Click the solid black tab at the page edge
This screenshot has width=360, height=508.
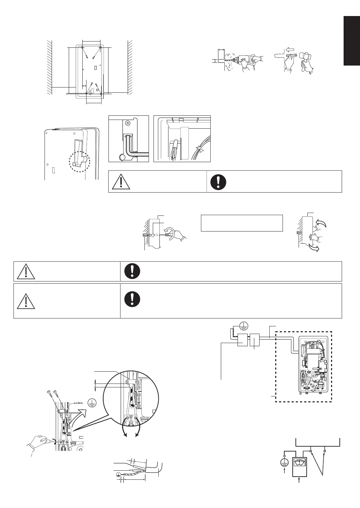click(352, 40)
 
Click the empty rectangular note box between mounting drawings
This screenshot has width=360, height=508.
click(241, 223)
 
